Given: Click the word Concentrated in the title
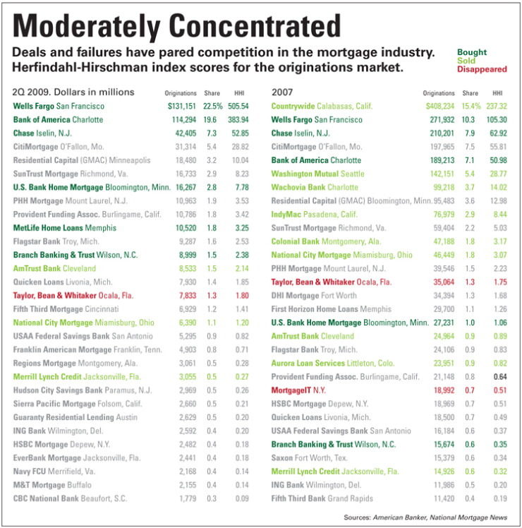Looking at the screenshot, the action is (255, 25).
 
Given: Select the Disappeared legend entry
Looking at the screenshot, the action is (482, 69).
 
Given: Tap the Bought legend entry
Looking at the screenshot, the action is (472, 52).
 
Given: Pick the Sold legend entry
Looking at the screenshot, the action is (466, 61).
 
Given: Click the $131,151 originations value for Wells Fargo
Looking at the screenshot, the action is (182, 107).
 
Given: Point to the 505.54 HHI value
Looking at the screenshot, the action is (238, 107).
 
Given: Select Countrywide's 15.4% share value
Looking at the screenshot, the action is (471, 107).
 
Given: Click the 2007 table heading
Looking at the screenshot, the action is (282, 92).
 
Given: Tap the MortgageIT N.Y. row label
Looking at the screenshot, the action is (298, 390).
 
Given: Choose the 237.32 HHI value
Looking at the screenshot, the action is (497, 107).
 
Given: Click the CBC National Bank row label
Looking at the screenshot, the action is (70, 498).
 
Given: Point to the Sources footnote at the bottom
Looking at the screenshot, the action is (425, 517).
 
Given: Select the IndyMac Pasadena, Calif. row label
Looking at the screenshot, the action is (315, 215).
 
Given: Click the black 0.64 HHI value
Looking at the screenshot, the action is (500, 377).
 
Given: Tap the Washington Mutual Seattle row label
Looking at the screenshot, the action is (317, 174).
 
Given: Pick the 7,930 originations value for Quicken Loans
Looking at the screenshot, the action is (188, 282).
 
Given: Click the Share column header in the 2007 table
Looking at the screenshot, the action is (470, 93).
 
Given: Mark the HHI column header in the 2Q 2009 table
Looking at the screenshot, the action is (239, 93).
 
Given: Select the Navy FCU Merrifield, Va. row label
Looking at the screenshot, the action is (54, 472).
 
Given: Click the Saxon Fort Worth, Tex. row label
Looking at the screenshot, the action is (309, 458).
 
